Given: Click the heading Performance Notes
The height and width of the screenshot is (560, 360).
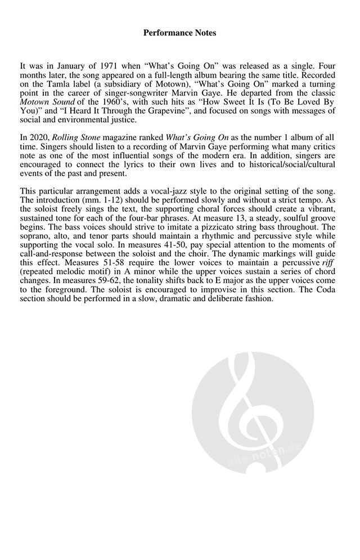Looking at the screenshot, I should click(179, 33).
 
